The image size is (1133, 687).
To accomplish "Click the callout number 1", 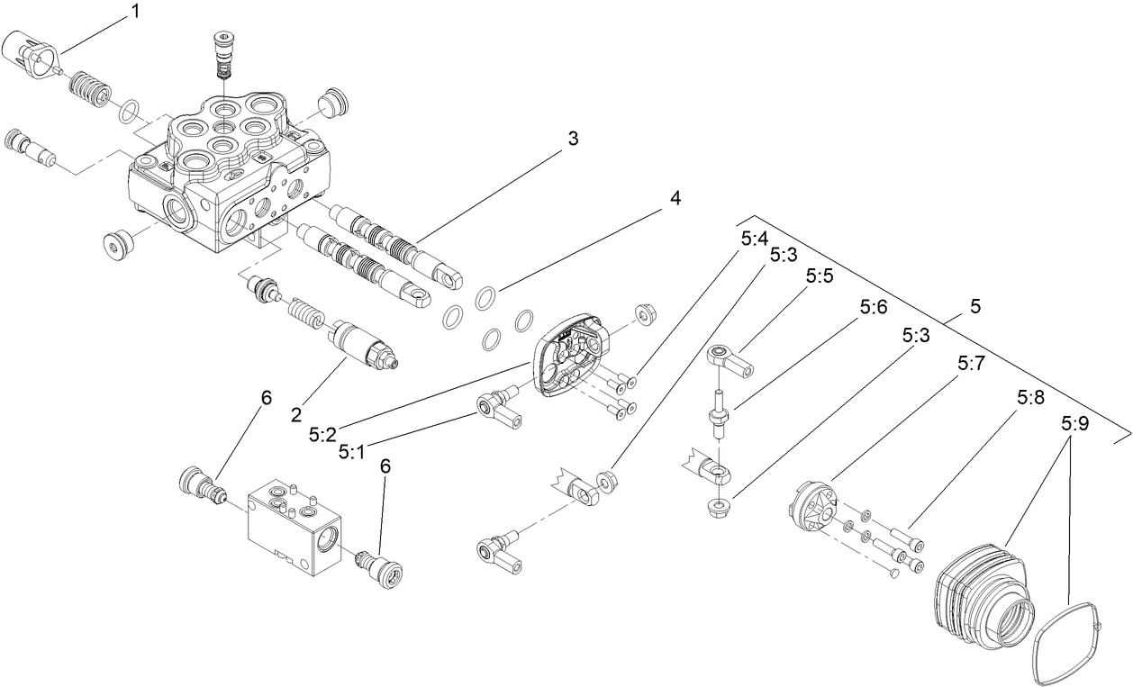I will click(135, 12).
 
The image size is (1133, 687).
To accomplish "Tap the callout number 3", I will click(572, 139).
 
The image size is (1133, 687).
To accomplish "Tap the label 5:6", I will click(874, 307).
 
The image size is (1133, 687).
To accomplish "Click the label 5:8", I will click(1032, 396).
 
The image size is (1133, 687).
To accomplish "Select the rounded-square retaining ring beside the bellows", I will click(1068, 645).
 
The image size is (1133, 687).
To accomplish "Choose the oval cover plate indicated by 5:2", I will click(571, 356).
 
